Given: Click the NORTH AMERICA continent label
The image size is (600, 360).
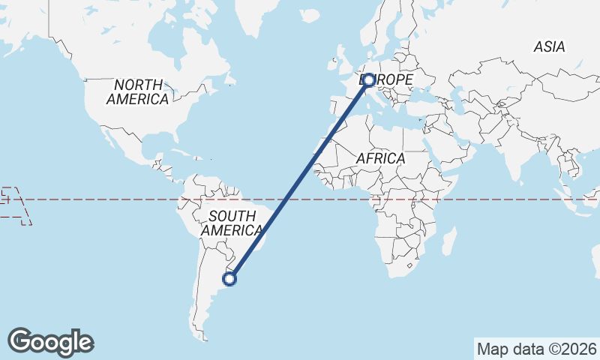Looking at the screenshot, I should point(137,91).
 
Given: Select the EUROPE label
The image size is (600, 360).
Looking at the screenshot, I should point(387,79).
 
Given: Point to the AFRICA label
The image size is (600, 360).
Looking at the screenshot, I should point(380,159).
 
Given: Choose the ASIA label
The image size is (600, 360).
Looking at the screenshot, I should point(549,47).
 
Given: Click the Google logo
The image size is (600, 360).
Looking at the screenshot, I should point(50,342).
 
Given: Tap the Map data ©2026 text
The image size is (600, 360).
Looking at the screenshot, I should point(537,349).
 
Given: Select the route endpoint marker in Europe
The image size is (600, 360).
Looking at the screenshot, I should point(368,79).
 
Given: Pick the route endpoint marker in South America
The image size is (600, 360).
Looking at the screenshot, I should point(230,279).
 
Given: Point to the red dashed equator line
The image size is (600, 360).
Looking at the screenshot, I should point(112,199).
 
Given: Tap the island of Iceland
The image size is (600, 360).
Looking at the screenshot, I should point(308,15).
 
